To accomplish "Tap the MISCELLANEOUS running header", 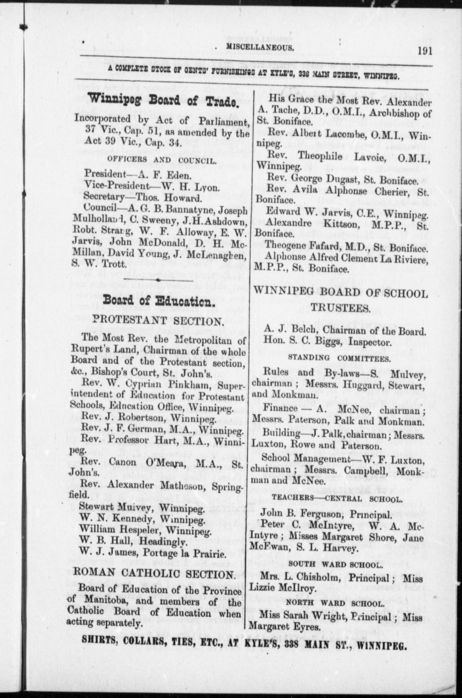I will (260, 48).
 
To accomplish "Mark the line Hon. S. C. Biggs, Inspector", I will (327, 342).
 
